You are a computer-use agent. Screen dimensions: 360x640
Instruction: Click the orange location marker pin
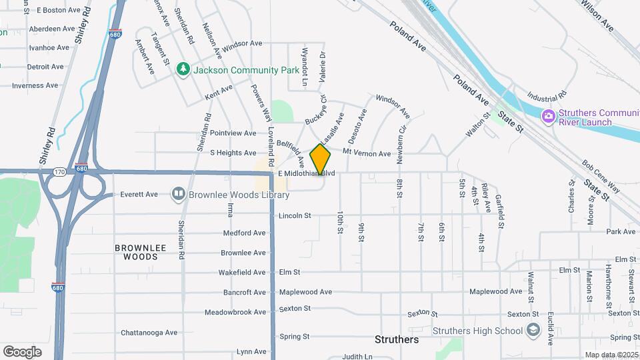tap(321, 160)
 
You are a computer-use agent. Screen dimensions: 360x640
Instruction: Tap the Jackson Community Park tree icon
tap(183, 69)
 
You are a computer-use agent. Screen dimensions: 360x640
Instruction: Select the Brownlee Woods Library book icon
tap(178, 194)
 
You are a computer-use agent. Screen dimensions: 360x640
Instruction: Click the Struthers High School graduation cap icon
tap(533, 330)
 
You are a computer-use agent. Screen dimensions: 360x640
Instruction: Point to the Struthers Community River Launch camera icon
tap(549, 117)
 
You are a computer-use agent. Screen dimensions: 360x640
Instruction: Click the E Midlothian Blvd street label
tap(306, 174)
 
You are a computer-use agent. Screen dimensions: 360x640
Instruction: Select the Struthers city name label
tap(397, 339)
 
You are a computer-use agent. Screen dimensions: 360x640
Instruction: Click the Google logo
tap(22, 352)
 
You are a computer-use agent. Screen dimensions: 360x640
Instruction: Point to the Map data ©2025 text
tap(611, 355)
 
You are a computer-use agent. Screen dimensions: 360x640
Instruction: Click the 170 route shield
tap(60, 171)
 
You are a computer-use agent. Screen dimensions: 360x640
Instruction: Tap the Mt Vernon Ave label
tap(367, 153)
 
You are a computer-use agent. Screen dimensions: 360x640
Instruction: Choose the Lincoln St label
tap(295, 215)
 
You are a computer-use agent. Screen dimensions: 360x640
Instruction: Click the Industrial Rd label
tap(546, 95)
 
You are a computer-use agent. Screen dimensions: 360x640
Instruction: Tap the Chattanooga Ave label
tap(149, 333)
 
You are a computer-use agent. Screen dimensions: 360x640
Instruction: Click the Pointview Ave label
tap(233, 133)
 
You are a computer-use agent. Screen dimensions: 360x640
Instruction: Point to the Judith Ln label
tap(357, 357)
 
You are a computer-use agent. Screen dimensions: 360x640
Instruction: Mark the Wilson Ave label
tap(597, 15)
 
